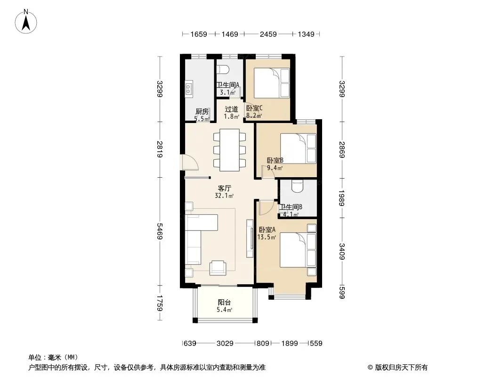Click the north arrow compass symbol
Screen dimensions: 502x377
[x=26, y=22]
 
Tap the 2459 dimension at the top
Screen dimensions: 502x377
[x=268, y=34]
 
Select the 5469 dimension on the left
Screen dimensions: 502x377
[x=160, y=230]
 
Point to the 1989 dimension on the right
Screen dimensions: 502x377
[x=342, y=198]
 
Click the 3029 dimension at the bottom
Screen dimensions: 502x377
[x=225, y=343]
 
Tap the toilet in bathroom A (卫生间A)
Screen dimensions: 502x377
[x=222, y=70]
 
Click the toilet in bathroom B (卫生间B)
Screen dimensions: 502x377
[x=298, y=187]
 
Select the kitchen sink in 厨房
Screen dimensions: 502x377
[x=189, y=89]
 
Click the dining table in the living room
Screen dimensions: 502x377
[x=229, y=150]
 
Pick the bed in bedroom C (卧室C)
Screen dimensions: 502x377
[x=272, y=83]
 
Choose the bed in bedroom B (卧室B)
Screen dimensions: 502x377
[x=298, y=148]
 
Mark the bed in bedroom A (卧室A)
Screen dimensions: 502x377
[x=298, y=250]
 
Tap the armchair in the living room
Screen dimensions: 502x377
[x=218, y=268]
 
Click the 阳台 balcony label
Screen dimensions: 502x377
[x=224, y=302]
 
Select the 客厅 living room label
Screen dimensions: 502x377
[x=224, y=188]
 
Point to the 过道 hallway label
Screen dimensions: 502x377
[x=231, y=109]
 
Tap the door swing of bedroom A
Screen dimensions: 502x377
[x=267, y=207]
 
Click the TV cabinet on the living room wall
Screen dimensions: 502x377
[x=250, y=238]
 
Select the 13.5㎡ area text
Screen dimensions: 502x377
[x=267, y=238]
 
